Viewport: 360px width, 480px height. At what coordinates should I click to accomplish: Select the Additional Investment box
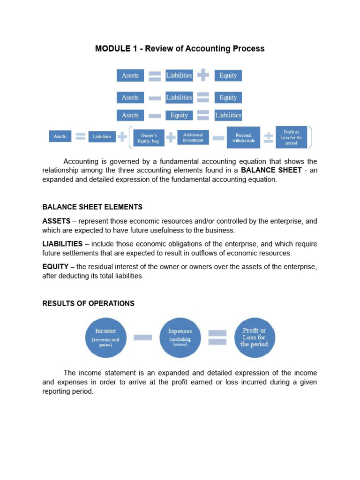[193, 137]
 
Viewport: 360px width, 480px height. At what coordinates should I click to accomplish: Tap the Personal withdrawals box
[243, 137]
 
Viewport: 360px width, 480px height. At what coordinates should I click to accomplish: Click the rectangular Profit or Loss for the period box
[291, 137]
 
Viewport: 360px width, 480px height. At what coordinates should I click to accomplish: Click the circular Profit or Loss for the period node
[254, 337]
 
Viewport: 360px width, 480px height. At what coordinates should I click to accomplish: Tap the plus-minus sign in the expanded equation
[268, 137]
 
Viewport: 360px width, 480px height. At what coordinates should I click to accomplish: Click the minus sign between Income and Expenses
[142, 337]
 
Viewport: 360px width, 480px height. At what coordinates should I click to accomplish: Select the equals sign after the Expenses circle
[217, 337]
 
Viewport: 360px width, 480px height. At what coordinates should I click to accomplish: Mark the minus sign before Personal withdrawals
[218, 137]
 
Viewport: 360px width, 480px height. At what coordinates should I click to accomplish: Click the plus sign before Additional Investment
[171, 137]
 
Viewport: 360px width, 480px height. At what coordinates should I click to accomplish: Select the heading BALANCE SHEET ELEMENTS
[92, 207]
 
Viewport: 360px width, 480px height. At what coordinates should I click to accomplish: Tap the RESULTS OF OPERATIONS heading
[88, 303]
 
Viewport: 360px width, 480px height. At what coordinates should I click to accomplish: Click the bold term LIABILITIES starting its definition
[62, 244]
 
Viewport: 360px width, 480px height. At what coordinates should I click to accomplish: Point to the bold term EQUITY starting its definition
[55, 267]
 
